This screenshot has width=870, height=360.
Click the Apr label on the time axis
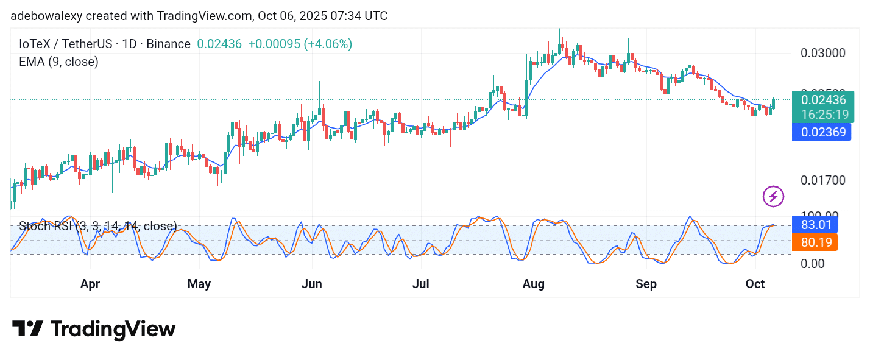[x=90, y=284]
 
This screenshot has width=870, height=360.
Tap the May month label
[x=199, y=284]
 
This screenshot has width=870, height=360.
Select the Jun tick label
[x=312, y=284]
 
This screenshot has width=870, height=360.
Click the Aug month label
[x=534, y=284]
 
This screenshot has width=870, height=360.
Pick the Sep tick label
[x=646, y=284]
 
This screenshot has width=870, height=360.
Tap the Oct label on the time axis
[x=755, y=284]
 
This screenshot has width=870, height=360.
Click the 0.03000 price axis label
[x=823, y=53]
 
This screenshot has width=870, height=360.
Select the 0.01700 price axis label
[x=823, y=180]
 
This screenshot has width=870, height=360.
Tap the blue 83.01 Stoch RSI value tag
[x=815, y=225]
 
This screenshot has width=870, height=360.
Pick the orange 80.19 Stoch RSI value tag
[x=815, y=242]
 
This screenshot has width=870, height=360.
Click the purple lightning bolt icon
[x=773, y=196]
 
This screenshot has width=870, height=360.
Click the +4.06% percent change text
[x=327, y=44]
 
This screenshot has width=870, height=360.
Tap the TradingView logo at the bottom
[x=94, y=330]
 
